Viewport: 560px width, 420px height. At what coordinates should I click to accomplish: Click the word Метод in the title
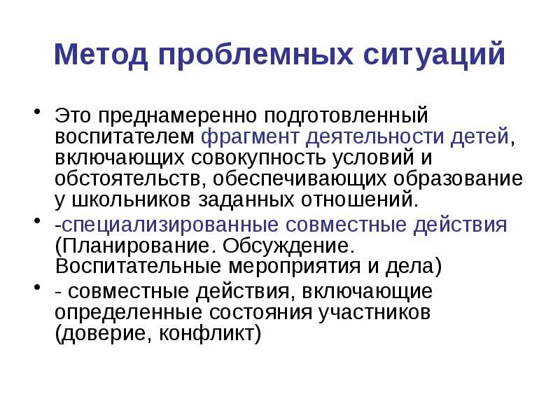click(x=99, y=55)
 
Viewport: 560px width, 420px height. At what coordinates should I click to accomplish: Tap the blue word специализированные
click(x=169, y=225)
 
